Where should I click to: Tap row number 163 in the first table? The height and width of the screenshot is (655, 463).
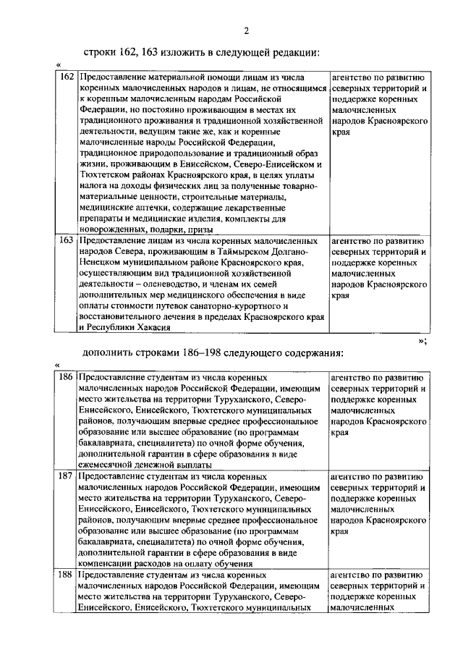tap(67, 240)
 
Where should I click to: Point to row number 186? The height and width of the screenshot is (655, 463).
tap(67, 377)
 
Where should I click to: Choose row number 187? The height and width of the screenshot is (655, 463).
tap(67, 478)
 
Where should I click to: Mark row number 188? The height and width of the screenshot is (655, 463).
tap(67, 575)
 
